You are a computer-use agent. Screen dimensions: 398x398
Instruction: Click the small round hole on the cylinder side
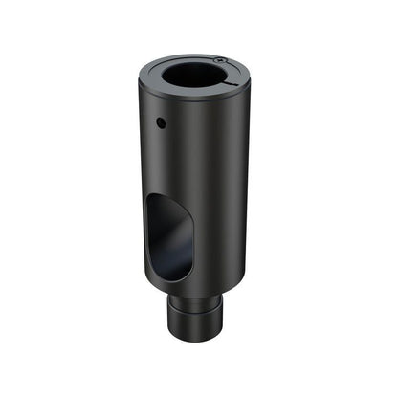[x=161, y=122]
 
